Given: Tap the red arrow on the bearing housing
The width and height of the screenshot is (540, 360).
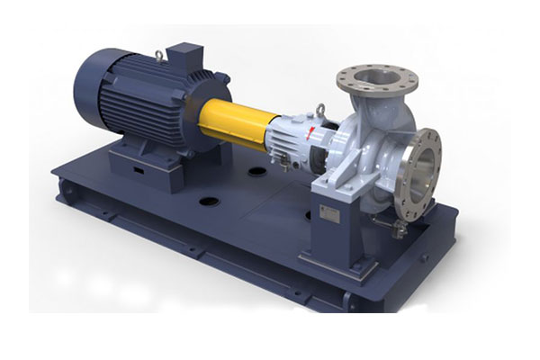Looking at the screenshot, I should click(311, 134).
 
